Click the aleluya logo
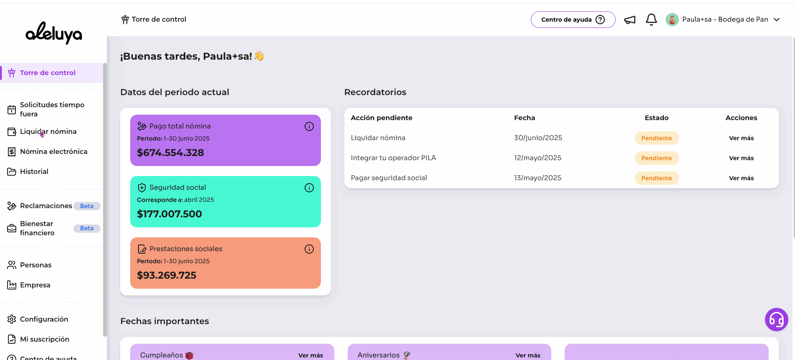(53, 33)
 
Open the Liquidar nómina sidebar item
(48, 132)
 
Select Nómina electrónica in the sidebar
(53, 152)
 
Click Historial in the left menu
(34, 172)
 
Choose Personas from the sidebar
(35, 265)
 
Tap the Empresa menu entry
(35, 285)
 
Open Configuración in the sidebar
(44, 320)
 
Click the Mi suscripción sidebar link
(44, 340)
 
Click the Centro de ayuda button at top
(573, 20)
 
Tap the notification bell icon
(651, 20)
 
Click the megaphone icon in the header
(630, 20)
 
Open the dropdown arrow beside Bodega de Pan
(777, 20)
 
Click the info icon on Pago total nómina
(309, 126)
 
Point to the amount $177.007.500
(169, 214)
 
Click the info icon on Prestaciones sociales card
(309, 249)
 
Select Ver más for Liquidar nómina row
(741, 138)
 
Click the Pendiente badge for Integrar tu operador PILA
(656, 158)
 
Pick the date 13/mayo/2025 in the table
(538, 178)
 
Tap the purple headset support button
(776, 320)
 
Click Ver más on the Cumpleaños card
(310, 355)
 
